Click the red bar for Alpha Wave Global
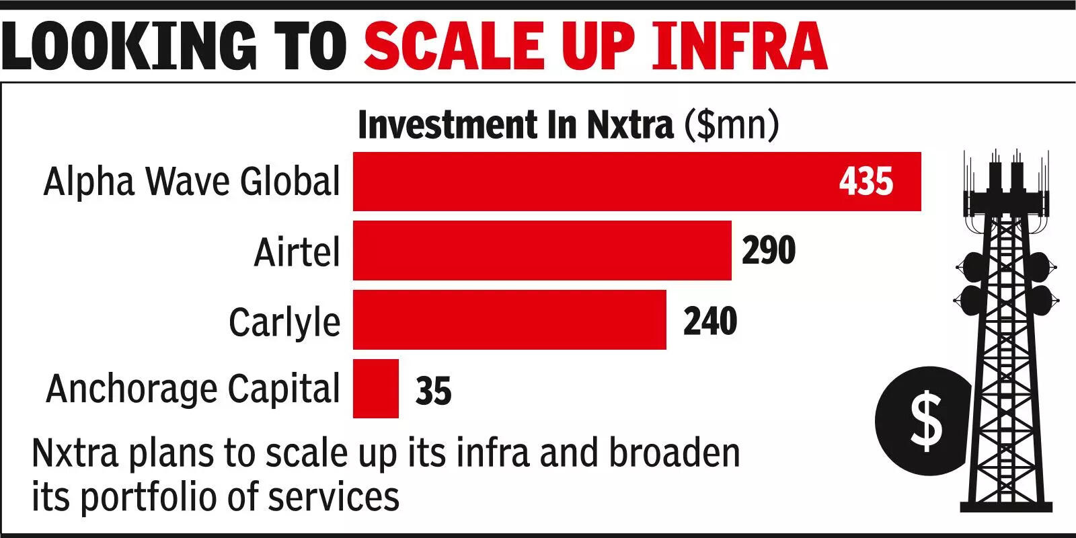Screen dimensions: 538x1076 [605, 182]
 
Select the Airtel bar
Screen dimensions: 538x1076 [542, 250]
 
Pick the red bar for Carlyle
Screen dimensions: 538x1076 [509, 319]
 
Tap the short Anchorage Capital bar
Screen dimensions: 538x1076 [375, 389]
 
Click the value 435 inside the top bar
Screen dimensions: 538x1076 [866, 182]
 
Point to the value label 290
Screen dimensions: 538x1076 [769, 250]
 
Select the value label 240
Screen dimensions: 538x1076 [710, 321]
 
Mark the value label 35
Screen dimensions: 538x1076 [433, 391]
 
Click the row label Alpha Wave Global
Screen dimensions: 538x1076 [192, 182]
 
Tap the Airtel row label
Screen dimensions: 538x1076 [297, 252]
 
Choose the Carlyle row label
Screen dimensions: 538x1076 [284, 322]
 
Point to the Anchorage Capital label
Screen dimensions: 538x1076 [193, 389]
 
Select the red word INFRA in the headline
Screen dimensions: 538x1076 [738, 46]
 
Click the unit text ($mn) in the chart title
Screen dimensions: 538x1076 [731, 125]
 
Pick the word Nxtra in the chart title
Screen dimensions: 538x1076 [629, 125]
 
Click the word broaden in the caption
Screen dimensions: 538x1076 [675, 453]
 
